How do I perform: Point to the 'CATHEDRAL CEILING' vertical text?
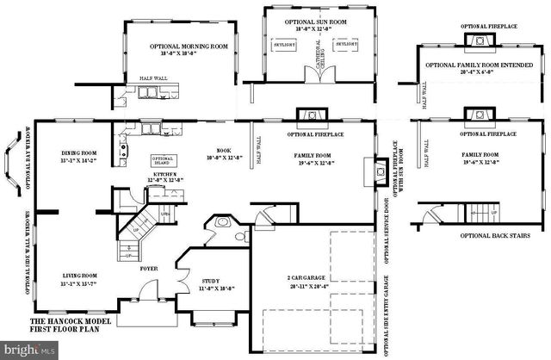click(317, 57)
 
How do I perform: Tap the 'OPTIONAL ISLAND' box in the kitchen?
click(163, 160)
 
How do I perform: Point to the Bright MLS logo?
click(28, 350)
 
